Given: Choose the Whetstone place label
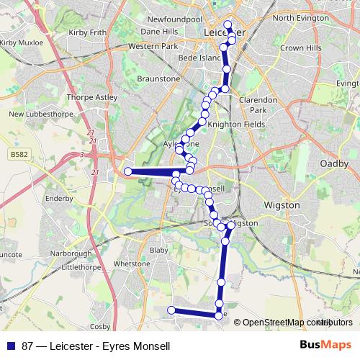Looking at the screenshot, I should point(131,264).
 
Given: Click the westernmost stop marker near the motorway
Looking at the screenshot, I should point(128,171).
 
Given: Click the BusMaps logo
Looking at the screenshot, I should point(325,345).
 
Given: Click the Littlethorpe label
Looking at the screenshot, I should point(86,266).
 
